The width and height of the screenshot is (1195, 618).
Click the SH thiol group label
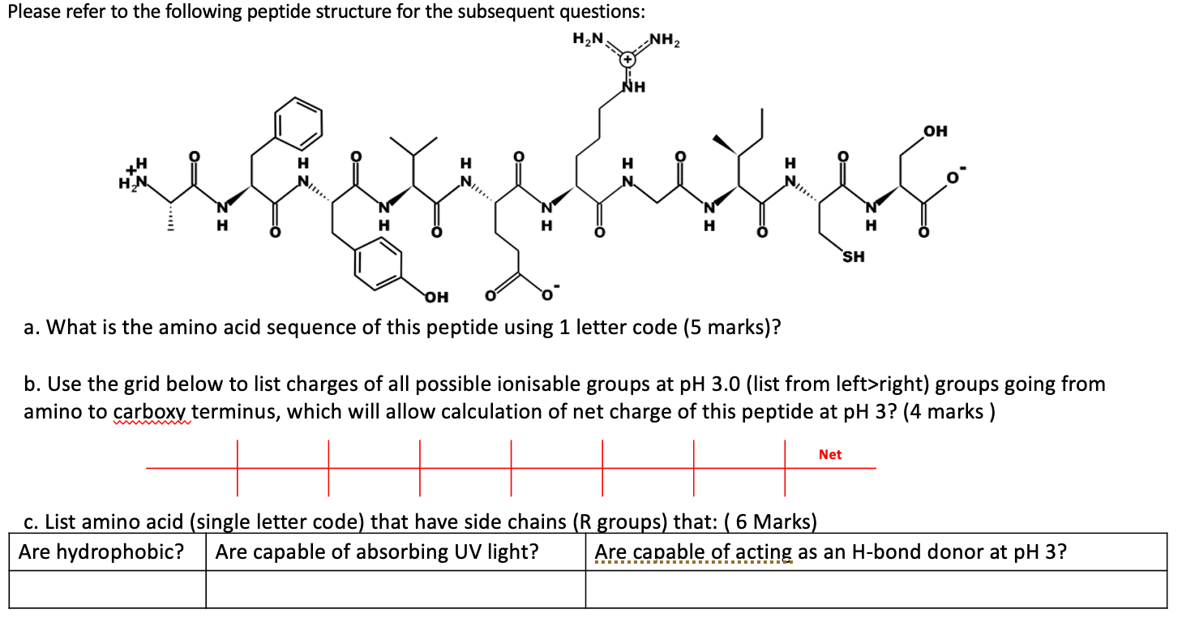[x=853, y=257]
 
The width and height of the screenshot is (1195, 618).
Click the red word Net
[x=830, y=454]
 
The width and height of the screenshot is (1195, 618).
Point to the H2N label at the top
[x=588, y=38]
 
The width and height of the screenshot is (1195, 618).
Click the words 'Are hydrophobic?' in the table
[x=101, y=552]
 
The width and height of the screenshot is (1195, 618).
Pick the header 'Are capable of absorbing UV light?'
[x=377, y=552]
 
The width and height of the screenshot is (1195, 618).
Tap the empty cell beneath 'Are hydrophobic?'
[x=107, y=590]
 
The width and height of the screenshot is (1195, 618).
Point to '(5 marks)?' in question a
[x=734, y=328]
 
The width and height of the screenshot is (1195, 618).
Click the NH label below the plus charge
[x=632, y=86]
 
